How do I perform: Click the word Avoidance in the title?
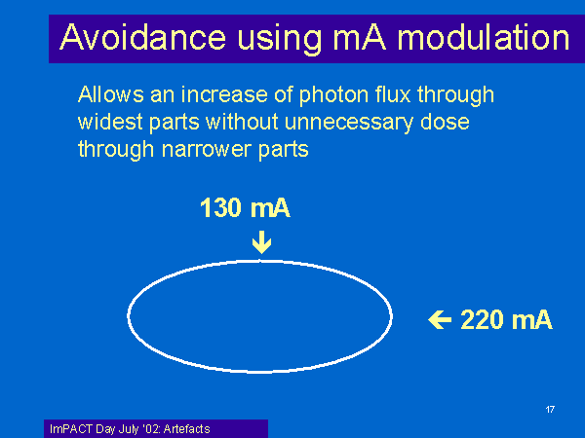(x=143, y=37)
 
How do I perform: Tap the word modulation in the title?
(x=484, y=37)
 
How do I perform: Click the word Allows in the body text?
(x=111, y=94)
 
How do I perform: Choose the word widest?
(x=110, y=122)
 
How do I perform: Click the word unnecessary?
(x=349, y=124)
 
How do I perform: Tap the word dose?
(x=445, y=122)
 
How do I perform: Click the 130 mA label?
(x=245, y=207)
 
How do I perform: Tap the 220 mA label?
(x=506, y=319)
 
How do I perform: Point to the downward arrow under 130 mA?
(x=261, y=242)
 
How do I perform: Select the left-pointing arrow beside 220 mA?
(x=440, y=319)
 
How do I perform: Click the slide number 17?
(x=550, y=410)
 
